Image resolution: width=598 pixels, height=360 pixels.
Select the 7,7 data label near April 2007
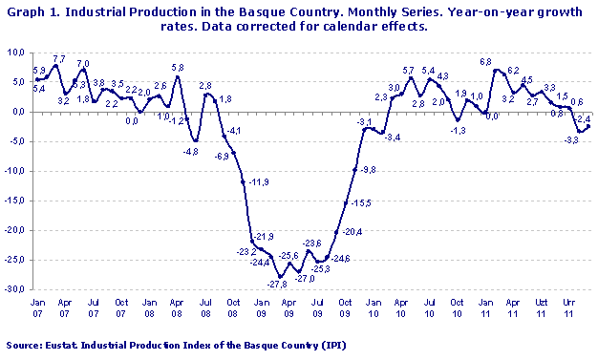pos(58,59)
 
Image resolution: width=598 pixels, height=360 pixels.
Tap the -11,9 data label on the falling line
pos(259,181)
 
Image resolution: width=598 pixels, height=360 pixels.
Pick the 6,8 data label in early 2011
pos(485,62)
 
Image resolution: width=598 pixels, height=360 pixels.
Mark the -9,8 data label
pos(368,169)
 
